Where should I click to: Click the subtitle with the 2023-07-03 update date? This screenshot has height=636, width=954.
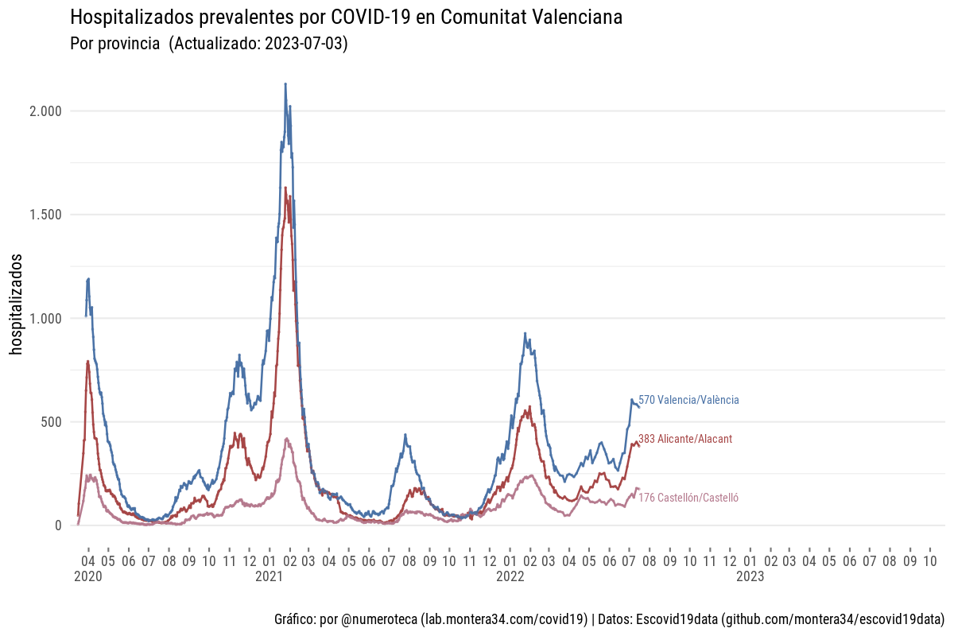point(209,44)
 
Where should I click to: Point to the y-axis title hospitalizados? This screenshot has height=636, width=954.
point(17,304)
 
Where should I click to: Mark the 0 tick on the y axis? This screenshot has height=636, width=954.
point(58,525)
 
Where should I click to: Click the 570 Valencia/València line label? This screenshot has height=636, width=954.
point(688,401)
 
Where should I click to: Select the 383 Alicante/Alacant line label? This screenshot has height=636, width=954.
point(685,439)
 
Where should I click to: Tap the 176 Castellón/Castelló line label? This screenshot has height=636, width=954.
point(688,498)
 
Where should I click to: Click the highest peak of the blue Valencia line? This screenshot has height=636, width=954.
point(285,83)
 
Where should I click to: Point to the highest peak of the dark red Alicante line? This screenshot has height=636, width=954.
point(285,188)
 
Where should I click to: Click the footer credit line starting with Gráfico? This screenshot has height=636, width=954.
point(608,619)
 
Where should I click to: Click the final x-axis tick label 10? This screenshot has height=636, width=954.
point(929,560)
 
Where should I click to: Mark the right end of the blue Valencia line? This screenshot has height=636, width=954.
point(638,406)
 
